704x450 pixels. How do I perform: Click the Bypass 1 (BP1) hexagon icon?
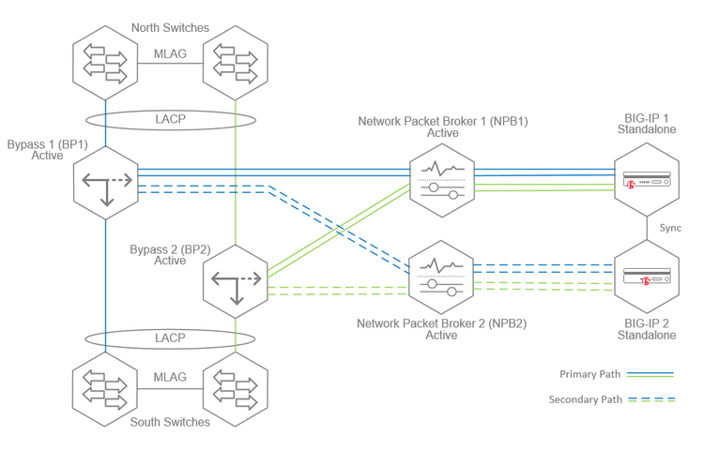[105, 183]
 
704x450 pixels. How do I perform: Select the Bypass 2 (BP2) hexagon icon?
[235, 281]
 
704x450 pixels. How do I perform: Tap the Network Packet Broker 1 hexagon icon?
[441, 179]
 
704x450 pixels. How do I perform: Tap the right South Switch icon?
[235, 384]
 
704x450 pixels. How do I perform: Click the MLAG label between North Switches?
[170, 53]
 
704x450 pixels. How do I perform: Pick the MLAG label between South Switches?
[170, 377]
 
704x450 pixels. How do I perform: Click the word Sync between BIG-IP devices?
[670, 229]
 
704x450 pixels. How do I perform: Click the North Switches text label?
[170, 27]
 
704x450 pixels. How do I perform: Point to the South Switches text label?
[170, 422]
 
